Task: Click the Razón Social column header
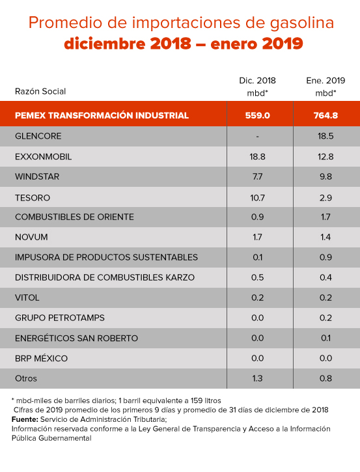click(40, 91)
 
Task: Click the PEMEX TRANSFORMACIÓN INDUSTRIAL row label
click(102, 116)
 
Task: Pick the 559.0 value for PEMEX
click(257, 116)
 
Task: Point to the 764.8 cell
click(325, 116)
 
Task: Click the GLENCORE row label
click(38, 136)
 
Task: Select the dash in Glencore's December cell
click(257, 136)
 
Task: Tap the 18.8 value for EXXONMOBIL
click(257, 157)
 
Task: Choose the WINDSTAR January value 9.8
click(325, 176)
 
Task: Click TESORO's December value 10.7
click(257, 198)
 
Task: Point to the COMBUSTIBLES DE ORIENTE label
click(74, 217)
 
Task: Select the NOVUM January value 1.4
click(325, 237)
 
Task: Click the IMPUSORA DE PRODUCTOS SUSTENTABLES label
click(106, 257)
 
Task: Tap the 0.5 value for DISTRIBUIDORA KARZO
click(257, 277)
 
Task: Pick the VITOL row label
click(27, 298)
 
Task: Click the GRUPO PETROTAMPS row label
click(60, 318)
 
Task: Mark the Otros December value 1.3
click(257, 378)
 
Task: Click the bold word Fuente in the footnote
click(25, 419)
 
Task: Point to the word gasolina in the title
click(302, 23)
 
